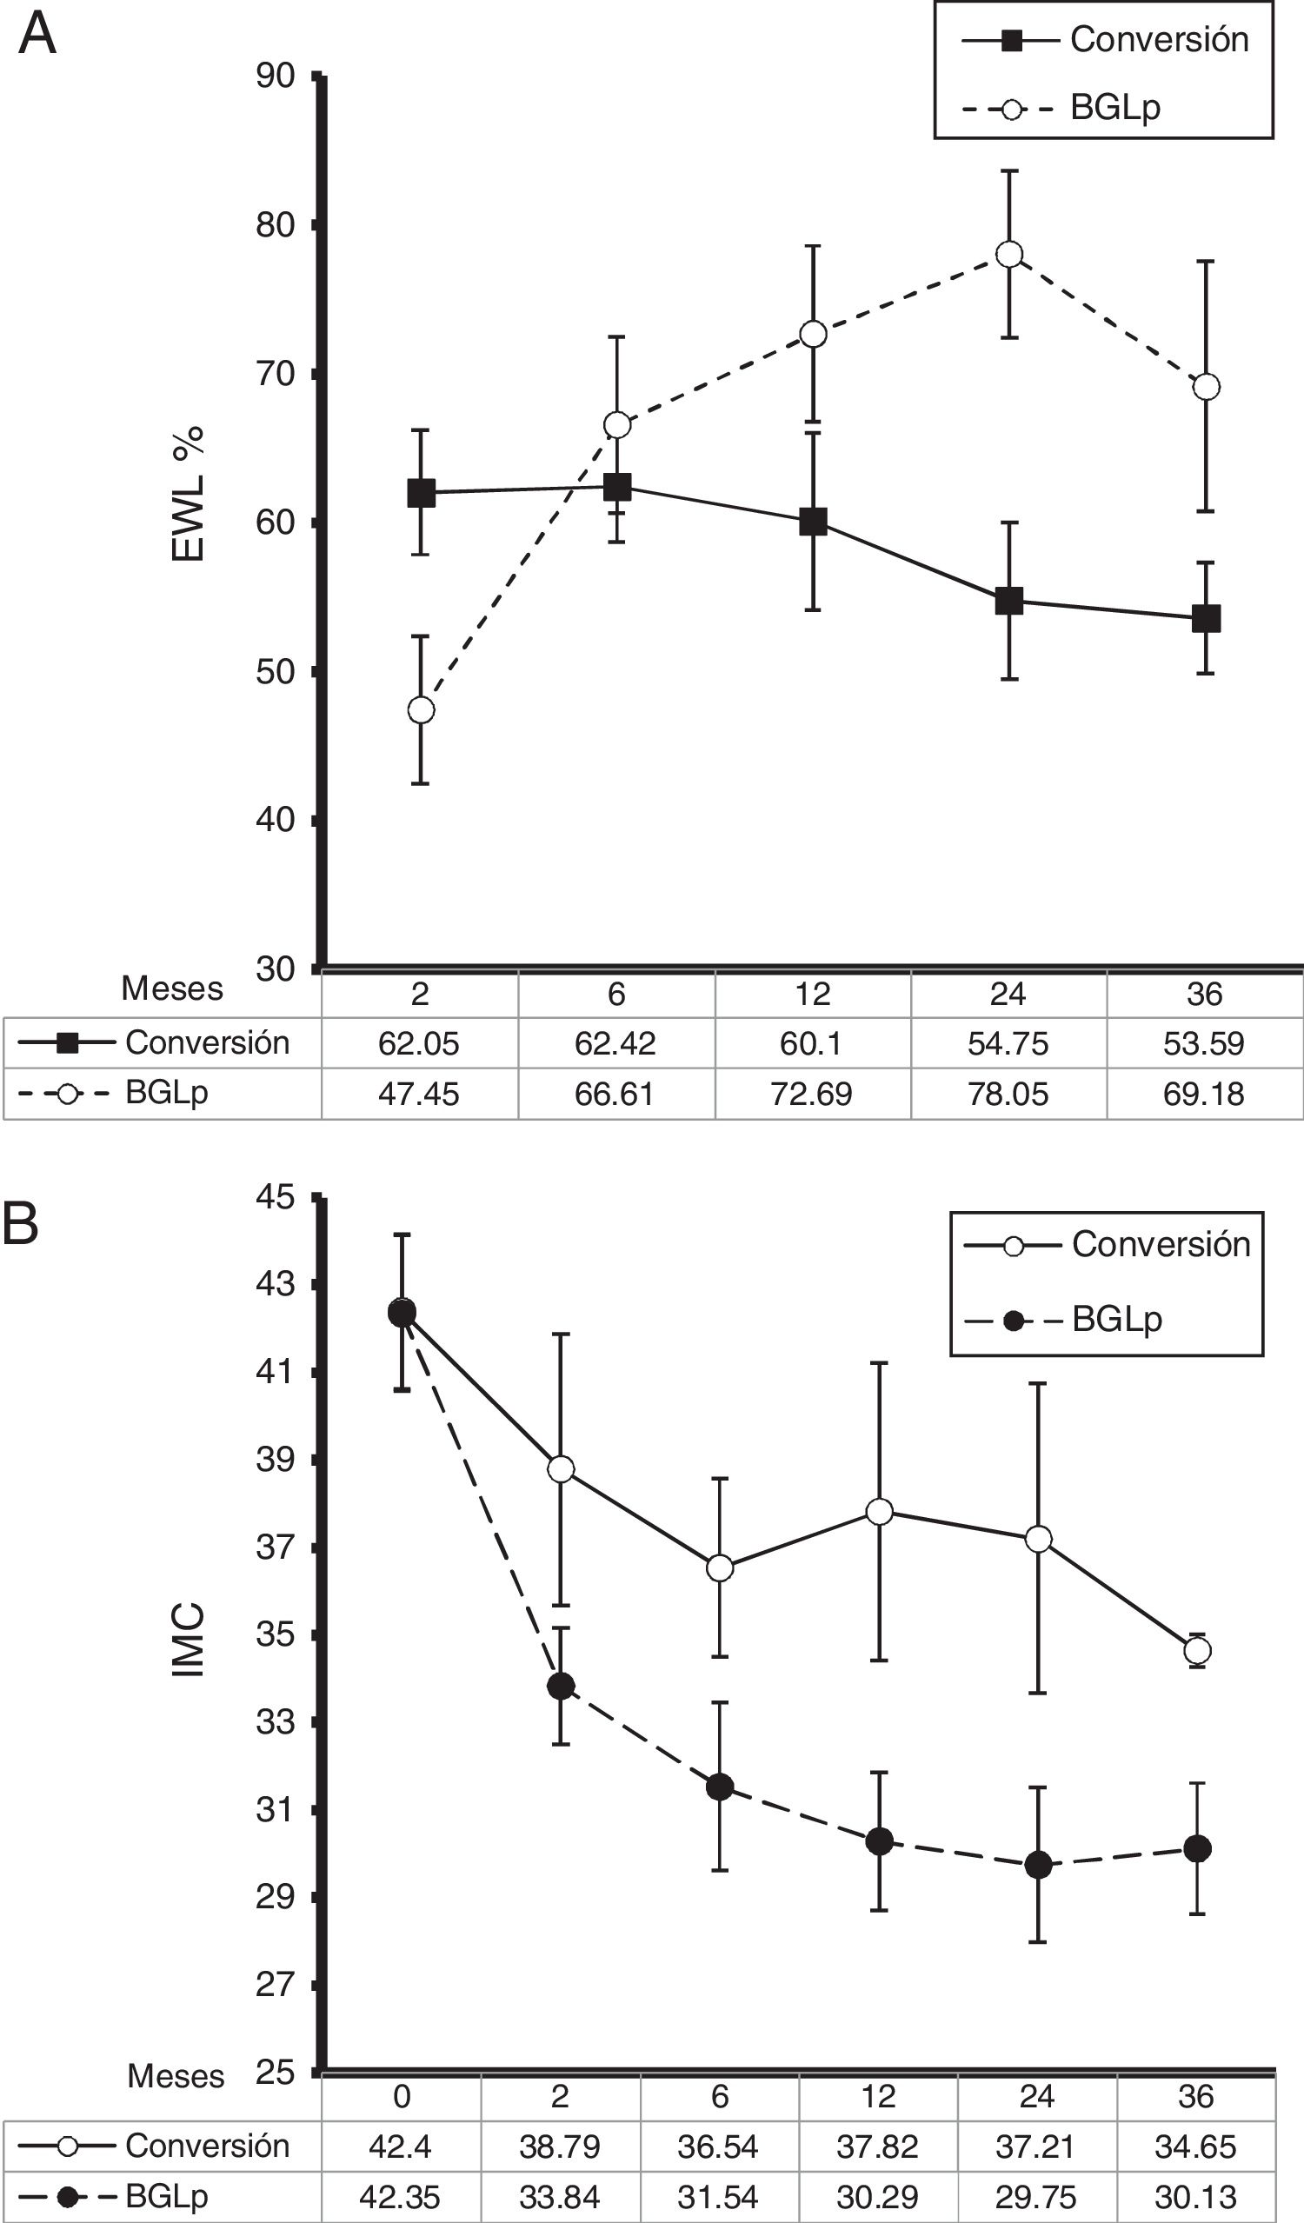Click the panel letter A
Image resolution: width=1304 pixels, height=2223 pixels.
tap(37, 37)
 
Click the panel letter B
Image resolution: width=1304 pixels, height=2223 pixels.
tap(21, 1225)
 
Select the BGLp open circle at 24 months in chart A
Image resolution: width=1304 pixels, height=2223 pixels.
tap(1008, 254)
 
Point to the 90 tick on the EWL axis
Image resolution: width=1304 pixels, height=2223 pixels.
tap(276, 77)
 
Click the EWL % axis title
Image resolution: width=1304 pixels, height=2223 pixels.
tap(188, 494)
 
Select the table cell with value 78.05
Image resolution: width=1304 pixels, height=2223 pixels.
tap(1008, 1094)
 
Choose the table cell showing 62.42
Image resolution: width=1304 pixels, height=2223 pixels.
tap(615, 1043)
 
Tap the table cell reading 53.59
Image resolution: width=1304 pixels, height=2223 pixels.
tap(1204, 1043)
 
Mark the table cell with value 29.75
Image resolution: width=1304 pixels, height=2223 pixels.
tap(1036, 2197)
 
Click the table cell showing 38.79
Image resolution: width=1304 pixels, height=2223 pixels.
tap(559, 2146)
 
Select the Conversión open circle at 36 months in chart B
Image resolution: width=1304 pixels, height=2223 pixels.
tap(1197, 1649)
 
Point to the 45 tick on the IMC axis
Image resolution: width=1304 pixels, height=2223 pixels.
tap(276, 1199)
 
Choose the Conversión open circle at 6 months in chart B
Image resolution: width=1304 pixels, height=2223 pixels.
tap(720, 1568)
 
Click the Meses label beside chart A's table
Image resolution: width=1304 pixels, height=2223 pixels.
tap(172, 988)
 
